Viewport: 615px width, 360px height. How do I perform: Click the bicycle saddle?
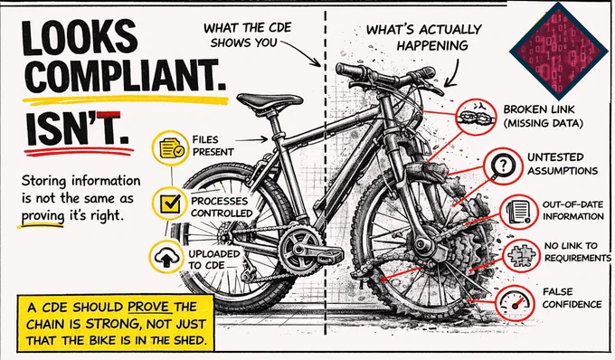click(270, 101)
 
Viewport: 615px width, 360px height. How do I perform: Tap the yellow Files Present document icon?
click(170, 148)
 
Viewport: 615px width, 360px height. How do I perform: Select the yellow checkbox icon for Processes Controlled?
click(170, 204)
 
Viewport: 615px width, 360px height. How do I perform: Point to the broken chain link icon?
click(476, 117)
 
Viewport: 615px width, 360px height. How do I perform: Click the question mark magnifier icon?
click(503, 166)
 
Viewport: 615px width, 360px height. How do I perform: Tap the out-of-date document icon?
click(519, 213)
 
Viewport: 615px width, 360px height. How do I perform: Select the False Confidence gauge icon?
click(515, 302)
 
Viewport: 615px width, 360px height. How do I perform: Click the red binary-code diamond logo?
click(559, 50)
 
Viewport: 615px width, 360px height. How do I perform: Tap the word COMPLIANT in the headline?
click(125, 76)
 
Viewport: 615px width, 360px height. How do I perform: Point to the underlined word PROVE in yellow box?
click(150, 307)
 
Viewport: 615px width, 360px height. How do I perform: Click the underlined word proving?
click(43, 216)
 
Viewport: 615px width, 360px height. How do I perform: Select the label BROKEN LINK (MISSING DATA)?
click(544, 117)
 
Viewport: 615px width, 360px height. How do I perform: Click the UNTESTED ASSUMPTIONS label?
click(562, 164)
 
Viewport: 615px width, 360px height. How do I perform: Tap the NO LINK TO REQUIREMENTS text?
click(577, 251)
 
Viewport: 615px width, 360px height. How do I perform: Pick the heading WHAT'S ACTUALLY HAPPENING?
click(424, 37)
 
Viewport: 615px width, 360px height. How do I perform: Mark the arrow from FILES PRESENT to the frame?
click(251, 139)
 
